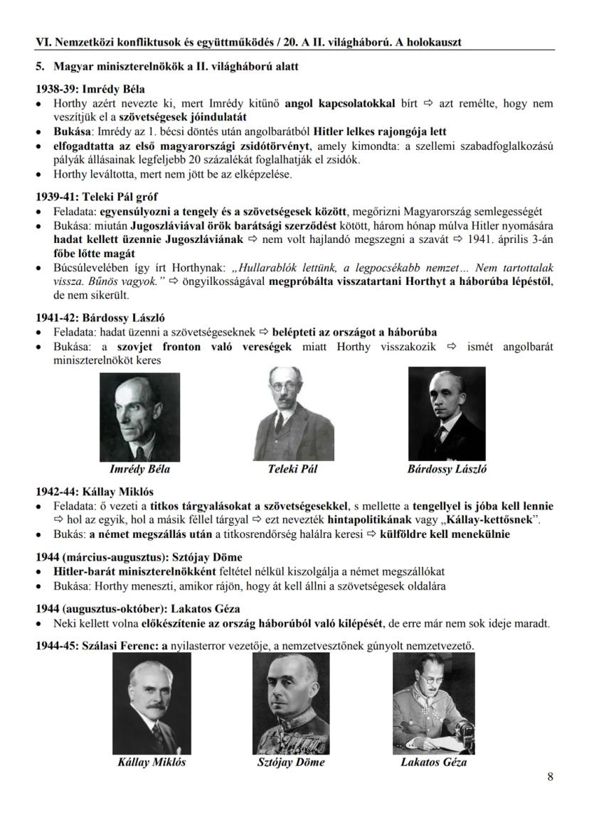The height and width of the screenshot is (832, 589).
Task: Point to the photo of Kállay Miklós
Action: (x=152, y=706)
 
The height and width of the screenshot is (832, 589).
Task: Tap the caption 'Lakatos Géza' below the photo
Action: (x=434, y=762)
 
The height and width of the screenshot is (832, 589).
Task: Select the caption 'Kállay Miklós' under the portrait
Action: (x=152, y=762)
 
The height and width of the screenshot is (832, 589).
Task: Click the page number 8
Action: (x=550, y=777)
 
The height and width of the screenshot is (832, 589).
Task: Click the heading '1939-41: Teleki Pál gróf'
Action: (x=97, y=197)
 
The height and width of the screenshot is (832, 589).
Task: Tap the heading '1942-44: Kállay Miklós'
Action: (x=95, y=492)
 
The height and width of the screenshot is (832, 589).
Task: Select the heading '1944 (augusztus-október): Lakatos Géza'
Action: (x=138, y=609)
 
